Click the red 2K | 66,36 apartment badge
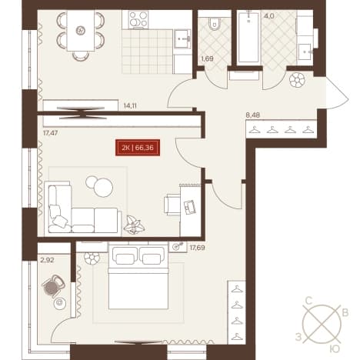[x=138, y=148]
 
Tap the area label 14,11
[x=130, y=105]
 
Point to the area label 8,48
[x=252, y=115]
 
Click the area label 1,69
[x=207, y=58]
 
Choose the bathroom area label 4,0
[x=269, y=16]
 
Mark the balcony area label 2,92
[x=47, y=260]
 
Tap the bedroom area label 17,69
[x=197, y=248]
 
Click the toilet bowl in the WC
[x=215, y=23]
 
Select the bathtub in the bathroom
[x=248, y=37]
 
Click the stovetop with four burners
[x=138, y=19]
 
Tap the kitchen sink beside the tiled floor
[x=182, y=38]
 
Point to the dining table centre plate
[x=80, y=31]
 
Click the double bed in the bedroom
[x=138, y=278]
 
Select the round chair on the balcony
[x=53, y=286]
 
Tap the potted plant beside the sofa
[x=134, y=225]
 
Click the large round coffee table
[x=103, y=188]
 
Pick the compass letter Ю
[x=335, y=349]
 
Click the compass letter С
[x=308, y=301]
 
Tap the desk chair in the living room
[x=172, y=205]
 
